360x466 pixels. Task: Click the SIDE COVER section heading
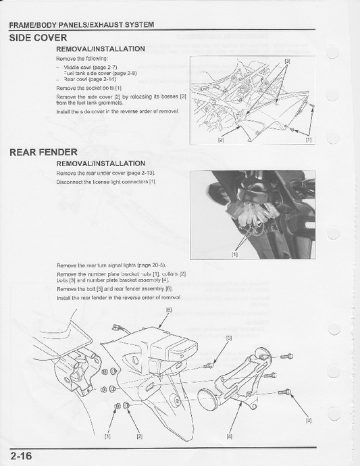coord(38,38)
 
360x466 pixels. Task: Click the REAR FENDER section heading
coord(43,152)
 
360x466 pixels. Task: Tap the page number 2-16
coord(21,455)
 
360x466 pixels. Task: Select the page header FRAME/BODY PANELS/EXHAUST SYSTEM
coord(81,24)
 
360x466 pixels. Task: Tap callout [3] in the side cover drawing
coord(287,61)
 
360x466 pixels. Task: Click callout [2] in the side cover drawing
coord(221,140)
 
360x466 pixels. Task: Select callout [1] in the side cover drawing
coord(309,140)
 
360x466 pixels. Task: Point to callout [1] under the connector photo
coord(234,255)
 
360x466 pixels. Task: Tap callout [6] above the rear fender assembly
coord(168,309)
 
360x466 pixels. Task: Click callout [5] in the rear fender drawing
coord(228,337)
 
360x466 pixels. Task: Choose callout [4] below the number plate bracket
coord(230,437)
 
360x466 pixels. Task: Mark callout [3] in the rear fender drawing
coord(309,421)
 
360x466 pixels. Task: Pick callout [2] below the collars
coord(139,437)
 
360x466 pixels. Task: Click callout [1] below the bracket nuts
coord(107,437)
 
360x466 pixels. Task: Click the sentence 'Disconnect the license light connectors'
coord(106,182)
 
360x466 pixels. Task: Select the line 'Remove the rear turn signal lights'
coord(111,266)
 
